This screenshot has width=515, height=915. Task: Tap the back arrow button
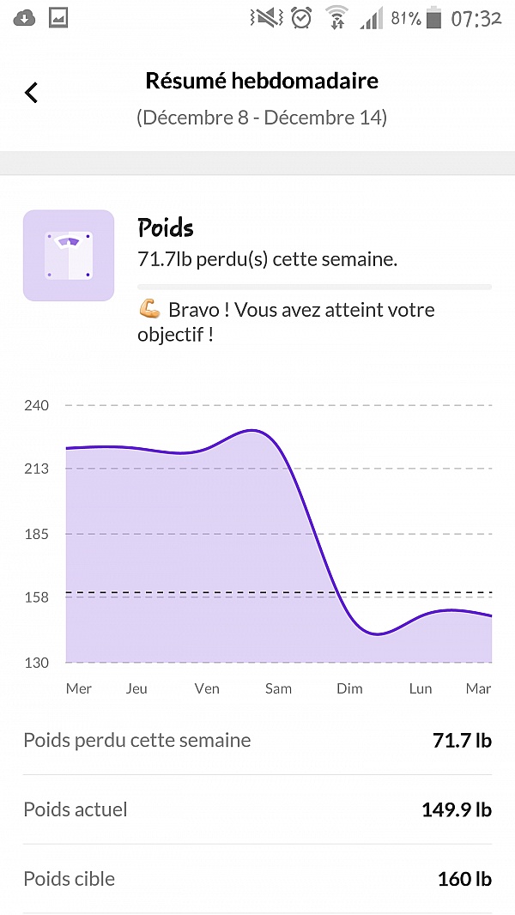pos(32,92)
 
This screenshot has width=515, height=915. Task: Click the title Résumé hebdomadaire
pos(262,82)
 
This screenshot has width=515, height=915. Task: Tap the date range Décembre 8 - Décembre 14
pos(262,118)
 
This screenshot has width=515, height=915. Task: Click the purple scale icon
pos(69,255)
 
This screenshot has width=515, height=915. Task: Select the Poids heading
pos(166,227)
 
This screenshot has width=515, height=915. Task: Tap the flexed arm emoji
pos(149,310)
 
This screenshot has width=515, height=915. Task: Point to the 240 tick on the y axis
pos(35,405)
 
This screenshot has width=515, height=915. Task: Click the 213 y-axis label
pos(35,469)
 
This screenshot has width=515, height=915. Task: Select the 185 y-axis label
pos(35,534)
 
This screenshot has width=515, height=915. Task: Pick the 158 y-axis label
pos(35,597)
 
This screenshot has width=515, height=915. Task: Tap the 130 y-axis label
pos(35,663)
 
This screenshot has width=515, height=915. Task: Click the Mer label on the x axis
pos(79,688)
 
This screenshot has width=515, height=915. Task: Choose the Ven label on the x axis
pos(207,688)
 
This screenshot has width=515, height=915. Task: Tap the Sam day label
pos(278,688)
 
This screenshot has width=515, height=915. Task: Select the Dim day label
pos(349,688)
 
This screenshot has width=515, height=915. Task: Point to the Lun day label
pos(421,688)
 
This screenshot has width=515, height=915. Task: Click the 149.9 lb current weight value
pos(456,809)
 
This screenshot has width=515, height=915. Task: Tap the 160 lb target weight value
pos(464,879)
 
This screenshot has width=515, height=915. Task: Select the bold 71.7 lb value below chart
pos(462,740)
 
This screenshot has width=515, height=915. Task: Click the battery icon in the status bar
pos(435,18)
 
